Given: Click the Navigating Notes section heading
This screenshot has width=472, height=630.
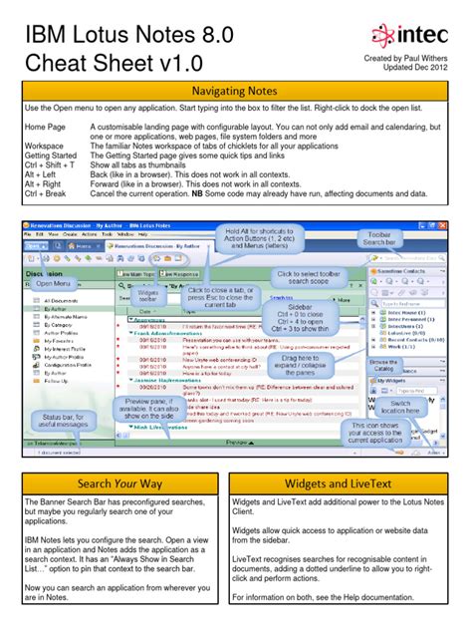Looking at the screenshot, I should (236, 91).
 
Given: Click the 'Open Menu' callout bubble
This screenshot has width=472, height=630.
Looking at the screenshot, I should (54, 284).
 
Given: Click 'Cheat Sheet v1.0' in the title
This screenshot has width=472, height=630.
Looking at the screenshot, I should (128, 62).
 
